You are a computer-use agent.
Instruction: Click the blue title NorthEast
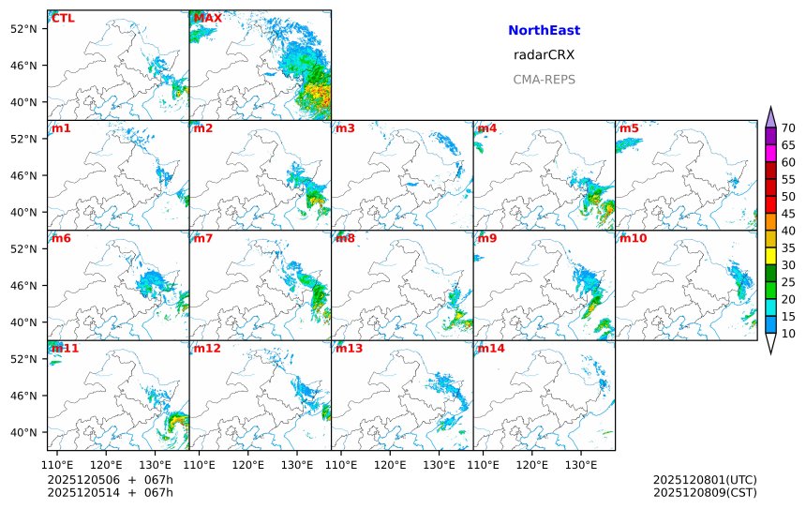(544, 31)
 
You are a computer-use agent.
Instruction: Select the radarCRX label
(544, 55)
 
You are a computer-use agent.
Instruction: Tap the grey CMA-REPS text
(544, 80)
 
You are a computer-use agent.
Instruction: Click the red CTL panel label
(63, 19)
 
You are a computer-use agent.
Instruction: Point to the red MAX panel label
(207, 19)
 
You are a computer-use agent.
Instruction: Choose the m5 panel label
(629, 128)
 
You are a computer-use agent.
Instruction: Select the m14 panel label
(490, 348)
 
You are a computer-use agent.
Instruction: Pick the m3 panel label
(345, 128)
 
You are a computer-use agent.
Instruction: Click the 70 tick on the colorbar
(788, 128)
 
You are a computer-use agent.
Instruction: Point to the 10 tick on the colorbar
(788, 334)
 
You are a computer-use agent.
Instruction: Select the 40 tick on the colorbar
(788, 231)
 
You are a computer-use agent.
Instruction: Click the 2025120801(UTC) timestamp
(705, 480)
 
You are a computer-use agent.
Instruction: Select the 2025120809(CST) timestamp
(705, 492)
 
